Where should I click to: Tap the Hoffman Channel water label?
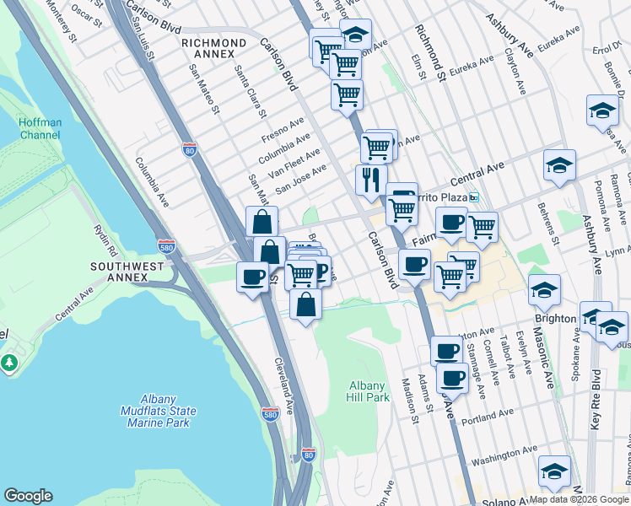coord(40,128)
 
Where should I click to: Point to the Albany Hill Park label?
coord(369,391)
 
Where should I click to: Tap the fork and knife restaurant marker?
coord(370,180)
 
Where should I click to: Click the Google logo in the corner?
coord(28,496)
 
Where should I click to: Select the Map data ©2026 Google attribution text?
coord(579,499)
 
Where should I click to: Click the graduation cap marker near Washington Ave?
coord(554,471)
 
